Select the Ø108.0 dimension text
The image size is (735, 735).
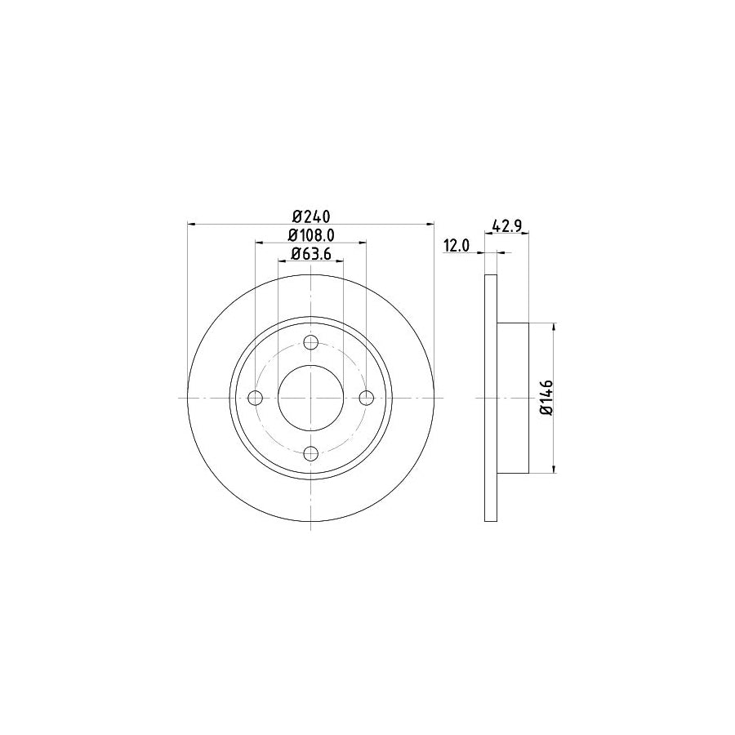pyautogui.click(x=310, y=235)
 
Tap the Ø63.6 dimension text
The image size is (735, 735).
pyautogui.click(x=310, y=254)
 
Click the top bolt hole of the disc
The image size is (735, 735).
pyautogui.click(x=310, y=342)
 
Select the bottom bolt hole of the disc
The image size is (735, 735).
pyautogui.click(x=310, y=453)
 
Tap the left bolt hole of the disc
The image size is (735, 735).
pyautogui.click(x=255, y=398)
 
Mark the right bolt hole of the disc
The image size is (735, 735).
pyautogui.click(x=366, y=398)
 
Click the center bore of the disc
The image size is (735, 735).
pyautogui.click(x=310, y=398)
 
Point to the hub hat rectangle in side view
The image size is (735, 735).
pyautogui.click(x=513, y=398)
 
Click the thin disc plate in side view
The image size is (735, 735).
pyautogui.click(x=491, y=398)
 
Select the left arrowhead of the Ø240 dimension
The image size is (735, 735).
pyautogui.click(x=191, y=223)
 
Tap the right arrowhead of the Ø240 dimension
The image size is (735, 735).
pyautogui.click(x=430, y=223)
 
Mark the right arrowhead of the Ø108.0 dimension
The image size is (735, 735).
pyautogui.click(x=363, y=242)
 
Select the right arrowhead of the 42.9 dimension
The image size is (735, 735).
pyautogui.click(x=526, y=234)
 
